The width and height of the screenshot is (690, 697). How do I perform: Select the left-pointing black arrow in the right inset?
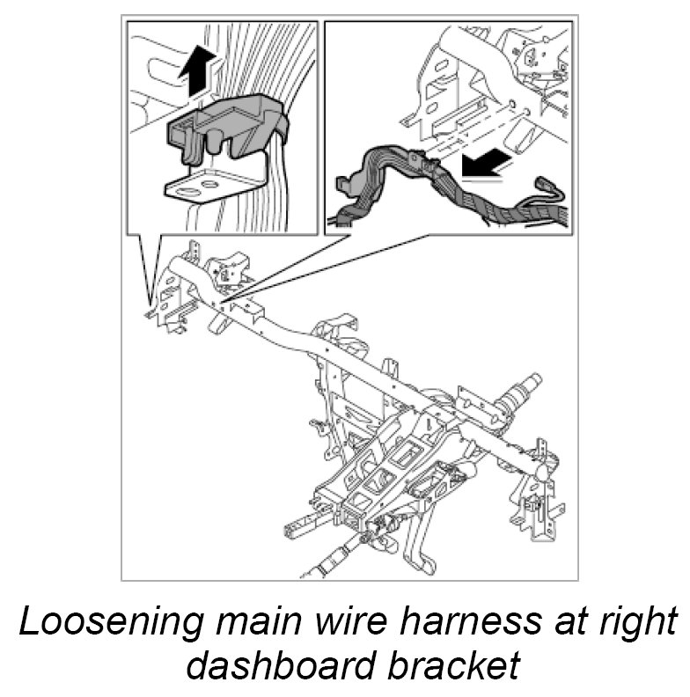coord(487,164)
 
